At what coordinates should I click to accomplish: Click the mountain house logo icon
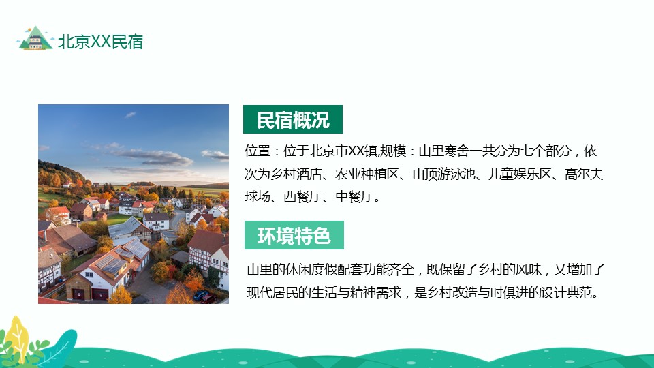tap(35, 38)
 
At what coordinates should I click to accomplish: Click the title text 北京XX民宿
tap(101, 42)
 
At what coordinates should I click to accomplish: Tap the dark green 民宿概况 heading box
tap(293, 119)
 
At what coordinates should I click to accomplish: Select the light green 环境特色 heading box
tap(294, 235)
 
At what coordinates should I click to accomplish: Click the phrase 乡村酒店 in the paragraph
tap(296, 174)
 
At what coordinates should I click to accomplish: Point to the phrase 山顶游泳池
tap(443, 174)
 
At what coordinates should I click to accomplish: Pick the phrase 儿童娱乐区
tap(520, 174)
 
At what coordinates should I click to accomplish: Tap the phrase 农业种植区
tap(367, 174)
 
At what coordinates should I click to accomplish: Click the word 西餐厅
tap(302, 196)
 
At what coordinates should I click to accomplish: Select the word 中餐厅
tap(354, 196)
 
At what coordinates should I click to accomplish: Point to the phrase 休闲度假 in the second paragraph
tap(311, 270)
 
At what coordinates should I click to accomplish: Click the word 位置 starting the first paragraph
tap(258, 151)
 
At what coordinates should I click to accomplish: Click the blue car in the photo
tap(200, 295)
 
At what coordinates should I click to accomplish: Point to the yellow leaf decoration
tap(16, 336)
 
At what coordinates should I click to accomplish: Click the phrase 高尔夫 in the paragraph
tap(584, 174)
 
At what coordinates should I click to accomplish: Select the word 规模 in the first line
tap(393, 151)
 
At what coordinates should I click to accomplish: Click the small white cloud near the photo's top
tap(130, 114)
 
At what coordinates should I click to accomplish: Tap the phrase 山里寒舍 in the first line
tap(443, 151)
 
